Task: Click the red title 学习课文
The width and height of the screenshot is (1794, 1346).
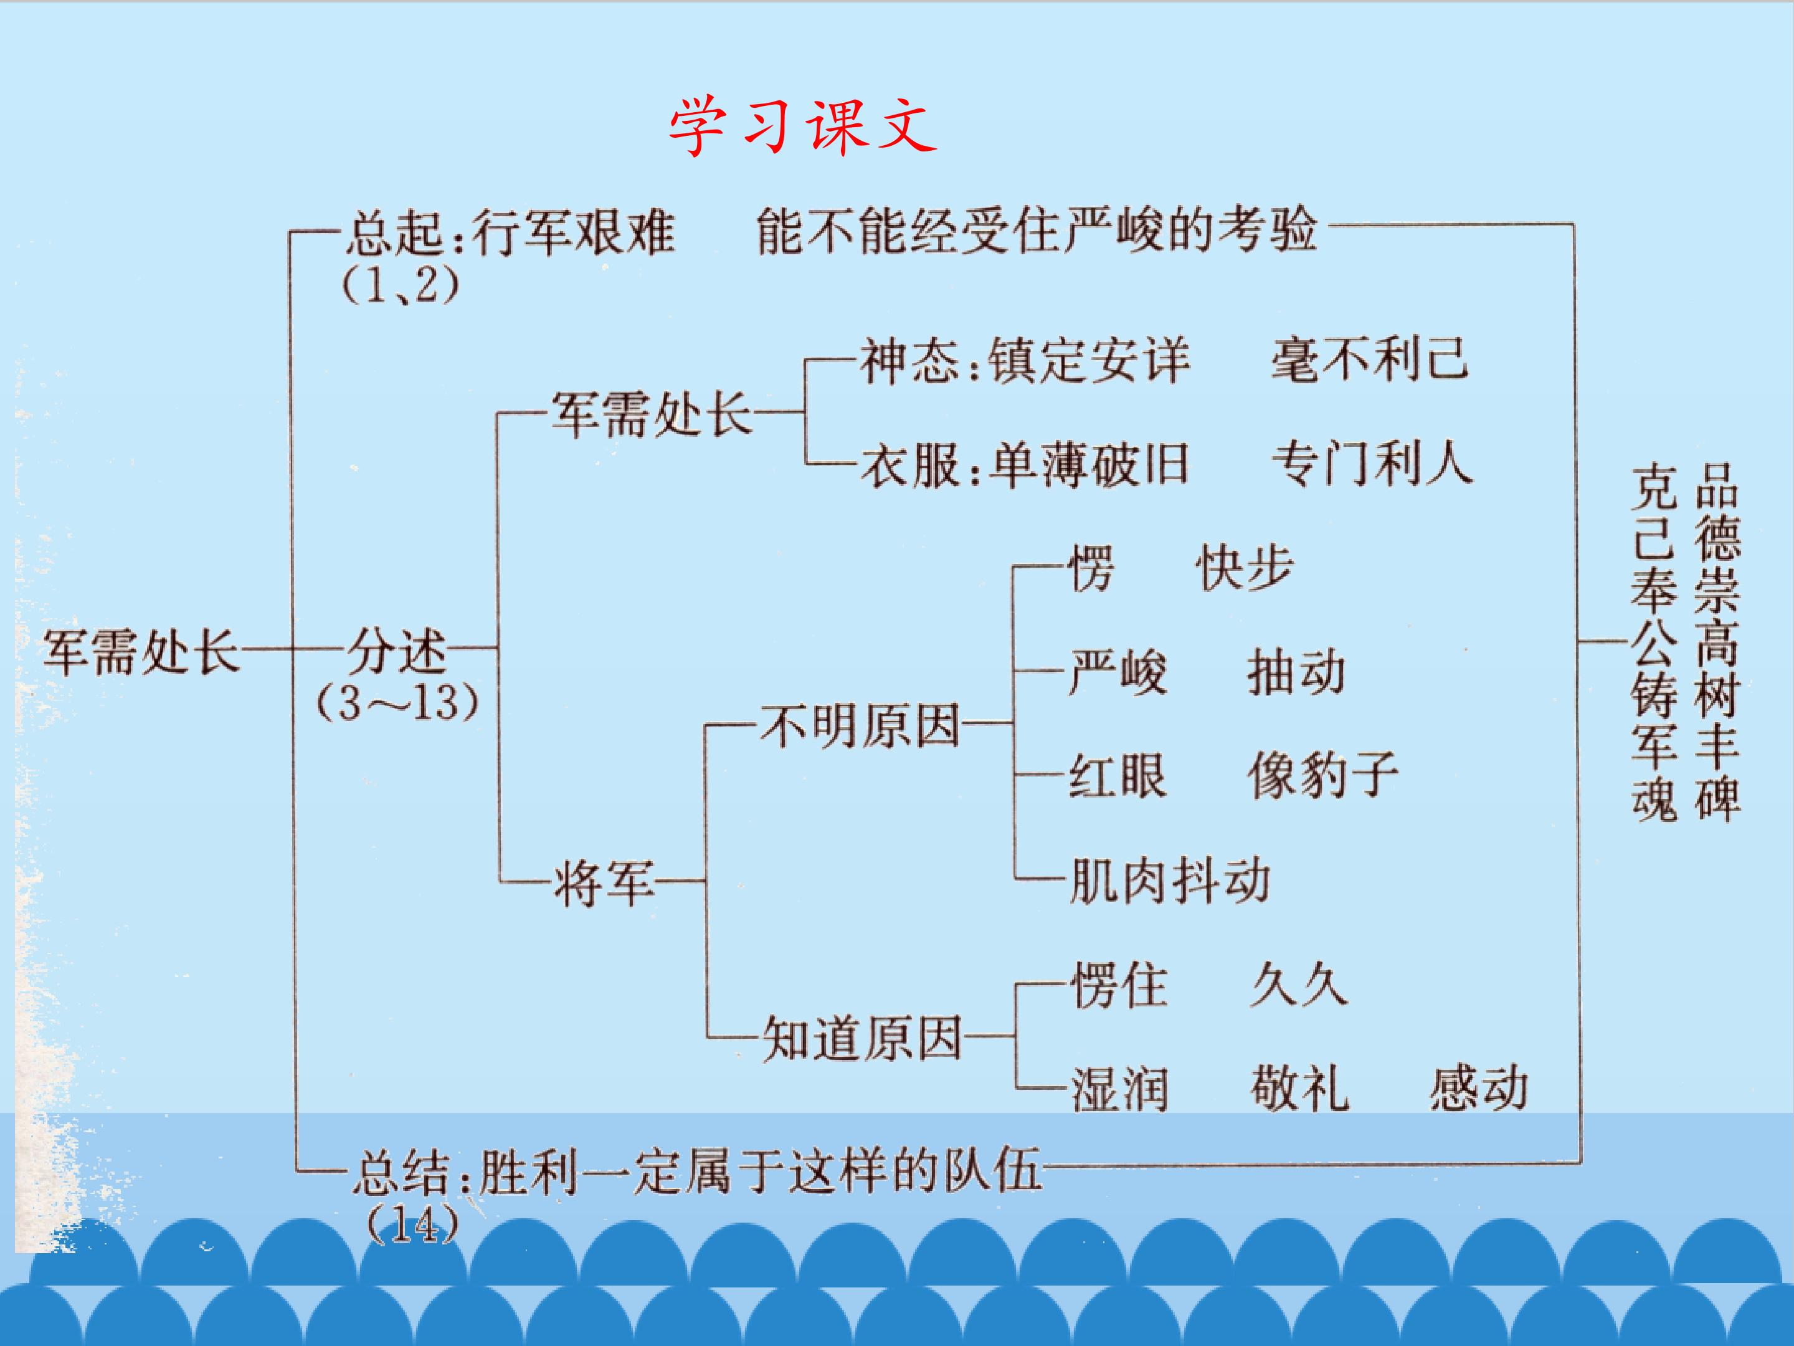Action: click(803, 127)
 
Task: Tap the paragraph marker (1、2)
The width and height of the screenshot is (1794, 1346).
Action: click(401, 285)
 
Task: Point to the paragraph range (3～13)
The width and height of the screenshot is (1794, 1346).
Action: click(397, 704)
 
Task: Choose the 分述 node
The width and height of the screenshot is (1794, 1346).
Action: click(397, 651)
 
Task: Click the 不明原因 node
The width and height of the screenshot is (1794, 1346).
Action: click(860, 725)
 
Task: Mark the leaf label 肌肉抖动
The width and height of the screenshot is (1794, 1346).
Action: click(1169, 881)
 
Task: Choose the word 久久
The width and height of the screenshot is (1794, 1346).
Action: click(1298, 986)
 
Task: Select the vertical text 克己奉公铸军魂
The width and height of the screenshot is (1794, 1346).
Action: click(1654, 642)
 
